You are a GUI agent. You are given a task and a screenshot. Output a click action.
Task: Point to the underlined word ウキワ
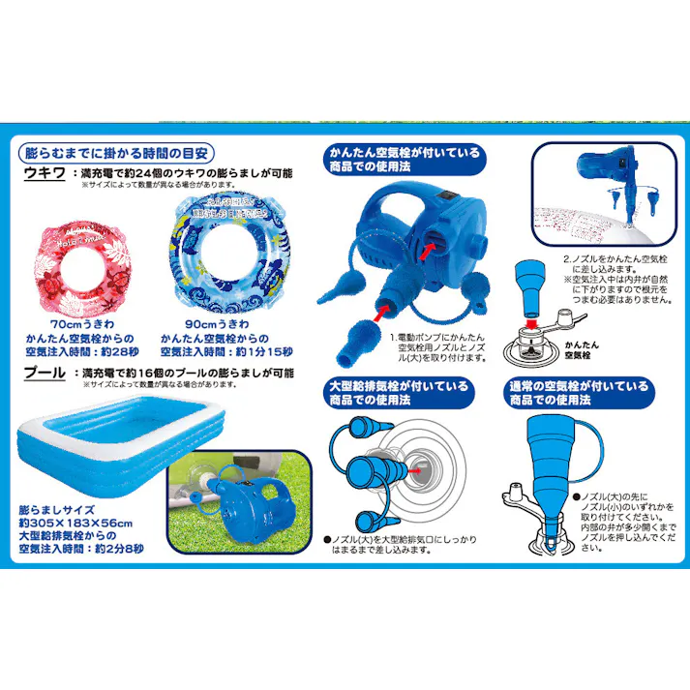[x=45, y=173]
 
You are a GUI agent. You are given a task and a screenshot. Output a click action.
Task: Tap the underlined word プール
[x=45, y=372]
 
